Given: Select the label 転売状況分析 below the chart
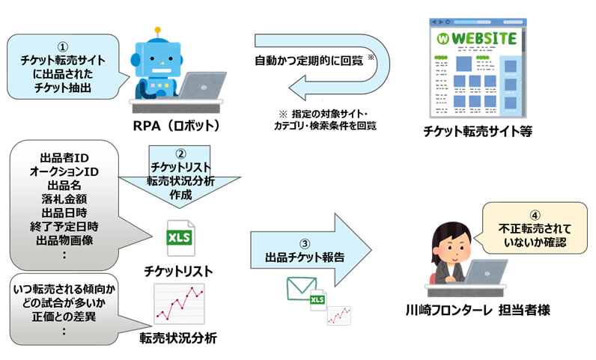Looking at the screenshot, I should point(178,337).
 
